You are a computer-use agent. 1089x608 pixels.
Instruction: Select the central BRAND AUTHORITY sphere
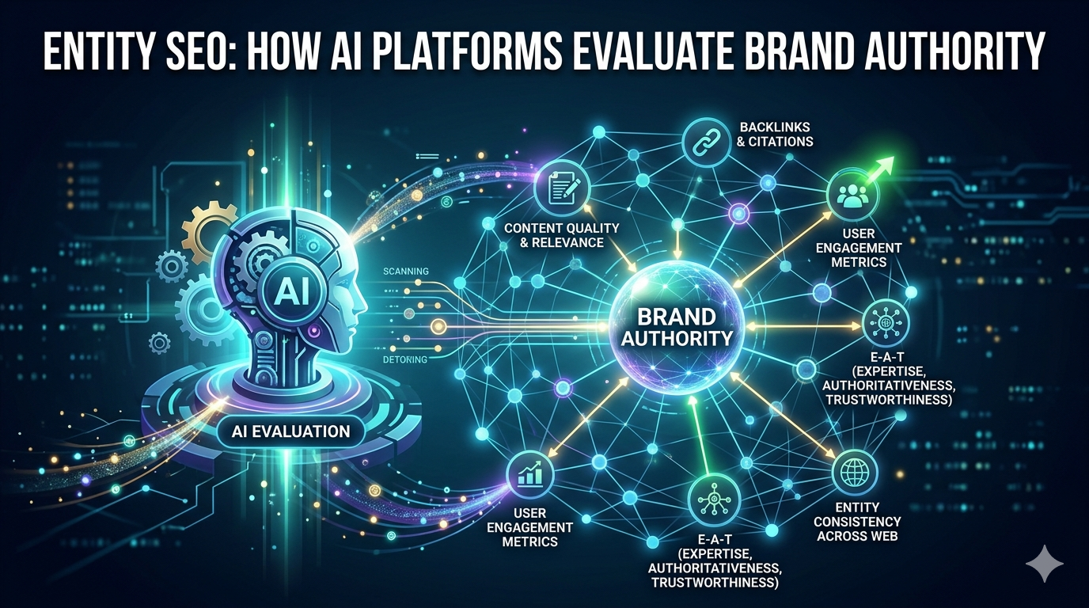[677, 327]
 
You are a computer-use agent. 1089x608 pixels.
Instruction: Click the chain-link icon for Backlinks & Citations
[706, 142]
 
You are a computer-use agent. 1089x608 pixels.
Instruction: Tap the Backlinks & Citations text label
[776, 134]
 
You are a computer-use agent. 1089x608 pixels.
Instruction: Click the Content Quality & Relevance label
[561, 235]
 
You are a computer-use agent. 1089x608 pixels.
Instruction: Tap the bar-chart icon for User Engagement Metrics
[529, 474]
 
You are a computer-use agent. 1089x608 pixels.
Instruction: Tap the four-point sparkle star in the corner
[1044, 564]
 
